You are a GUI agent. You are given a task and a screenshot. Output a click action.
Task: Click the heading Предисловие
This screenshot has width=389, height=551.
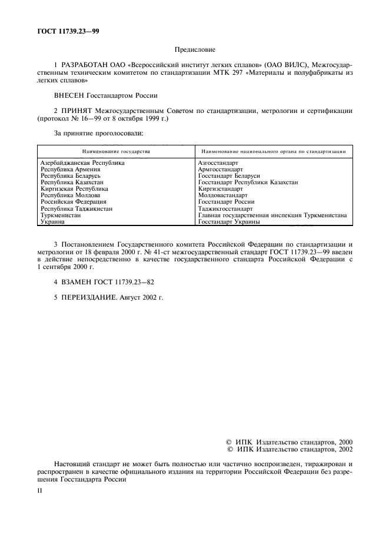point(195,51)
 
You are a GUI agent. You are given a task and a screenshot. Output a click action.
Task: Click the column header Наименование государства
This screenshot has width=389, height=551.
point(116,151)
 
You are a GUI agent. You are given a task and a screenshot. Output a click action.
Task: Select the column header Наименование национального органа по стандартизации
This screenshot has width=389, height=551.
point(273,151)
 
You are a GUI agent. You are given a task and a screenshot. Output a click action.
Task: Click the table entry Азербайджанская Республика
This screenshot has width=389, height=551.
point(82,163)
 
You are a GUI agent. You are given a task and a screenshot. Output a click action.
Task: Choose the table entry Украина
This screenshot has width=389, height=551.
point(52,222)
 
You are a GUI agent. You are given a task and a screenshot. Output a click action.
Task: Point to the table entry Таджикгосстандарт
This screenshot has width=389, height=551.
point(225,209)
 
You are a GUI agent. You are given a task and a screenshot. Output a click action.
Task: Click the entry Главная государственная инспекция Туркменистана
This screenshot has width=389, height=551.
point(272,215)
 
